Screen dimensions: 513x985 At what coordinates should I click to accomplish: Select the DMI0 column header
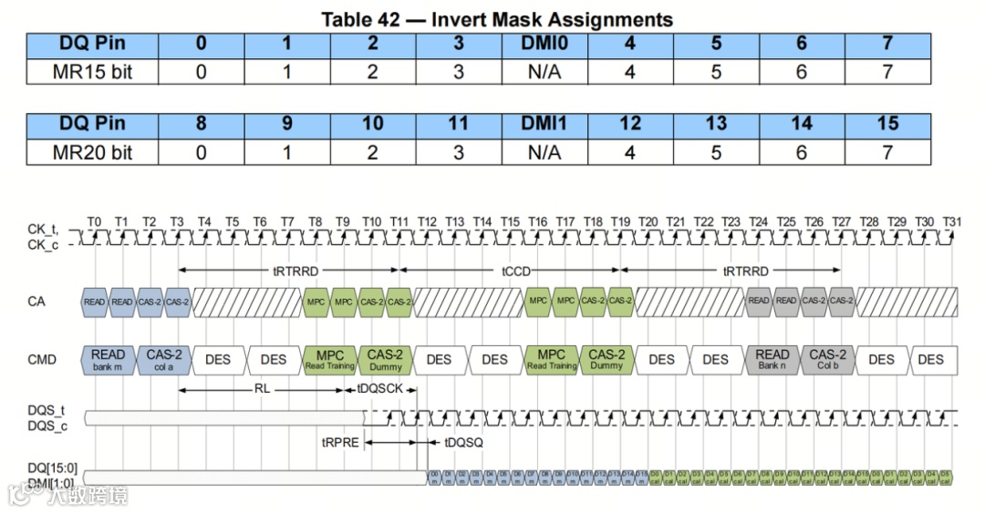544,44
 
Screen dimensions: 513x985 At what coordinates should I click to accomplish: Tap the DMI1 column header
544,124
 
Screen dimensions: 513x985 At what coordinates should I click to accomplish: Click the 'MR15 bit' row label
92,71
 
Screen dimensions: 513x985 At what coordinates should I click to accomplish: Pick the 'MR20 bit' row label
92,152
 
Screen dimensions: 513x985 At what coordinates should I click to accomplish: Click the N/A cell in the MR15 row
544,71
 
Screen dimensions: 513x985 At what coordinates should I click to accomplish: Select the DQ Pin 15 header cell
887,124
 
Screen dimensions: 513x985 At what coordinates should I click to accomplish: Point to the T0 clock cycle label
94,221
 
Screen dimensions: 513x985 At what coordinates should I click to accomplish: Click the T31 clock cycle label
951,221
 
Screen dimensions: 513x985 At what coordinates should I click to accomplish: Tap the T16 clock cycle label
537,221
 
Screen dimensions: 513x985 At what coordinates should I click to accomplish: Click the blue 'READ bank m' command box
109,359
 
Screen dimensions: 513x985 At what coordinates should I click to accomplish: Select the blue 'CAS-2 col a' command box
164,359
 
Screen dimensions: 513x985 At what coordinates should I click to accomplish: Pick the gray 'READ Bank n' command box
772,359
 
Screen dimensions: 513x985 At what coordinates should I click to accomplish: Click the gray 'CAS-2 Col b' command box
827,359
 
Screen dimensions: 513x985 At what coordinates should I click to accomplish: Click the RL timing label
262,389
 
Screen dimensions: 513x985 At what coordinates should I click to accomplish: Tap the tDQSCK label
378,389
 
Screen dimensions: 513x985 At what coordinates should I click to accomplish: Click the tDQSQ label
463,442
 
